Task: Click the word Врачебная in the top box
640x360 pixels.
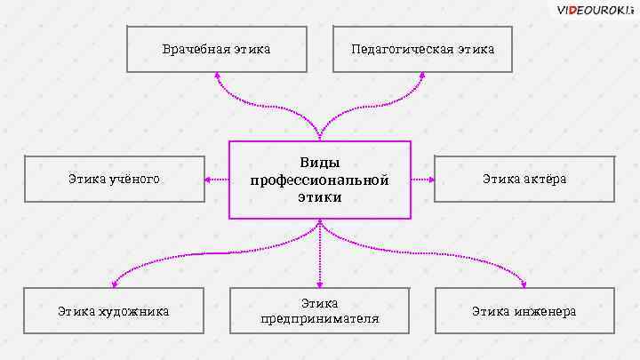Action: point(195,49)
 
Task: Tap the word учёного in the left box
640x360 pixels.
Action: point(134,180)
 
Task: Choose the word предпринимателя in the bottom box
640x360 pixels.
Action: point(320,319)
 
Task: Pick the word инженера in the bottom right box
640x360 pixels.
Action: point(544,311)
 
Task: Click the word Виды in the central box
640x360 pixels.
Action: point(320,164)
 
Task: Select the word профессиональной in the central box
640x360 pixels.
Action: point(320,180)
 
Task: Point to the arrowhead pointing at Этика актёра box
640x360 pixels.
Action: point(431,180)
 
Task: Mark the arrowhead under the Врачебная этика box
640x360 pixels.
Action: point(217,76)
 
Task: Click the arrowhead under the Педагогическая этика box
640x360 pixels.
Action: point(422,76)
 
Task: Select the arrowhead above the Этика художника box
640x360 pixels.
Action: point(114,284)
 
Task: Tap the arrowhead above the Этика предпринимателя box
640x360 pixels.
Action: point(320,284)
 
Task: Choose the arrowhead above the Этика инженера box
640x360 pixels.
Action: point(524,284)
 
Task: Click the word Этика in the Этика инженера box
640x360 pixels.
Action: point(489,311)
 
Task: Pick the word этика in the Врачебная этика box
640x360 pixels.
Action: point(252,49)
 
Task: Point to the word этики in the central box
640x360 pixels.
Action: point(320,197)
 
